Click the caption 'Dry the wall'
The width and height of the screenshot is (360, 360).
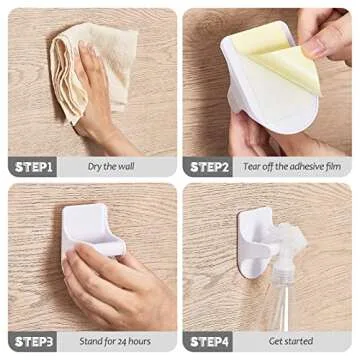(x=112, y=167)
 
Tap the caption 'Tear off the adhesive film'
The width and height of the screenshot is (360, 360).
(x=293, y=167)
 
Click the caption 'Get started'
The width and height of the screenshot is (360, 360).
(x=290, y=341)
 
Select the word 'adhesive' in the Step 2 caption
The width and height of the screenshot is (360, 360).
(x=300, y=167)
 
